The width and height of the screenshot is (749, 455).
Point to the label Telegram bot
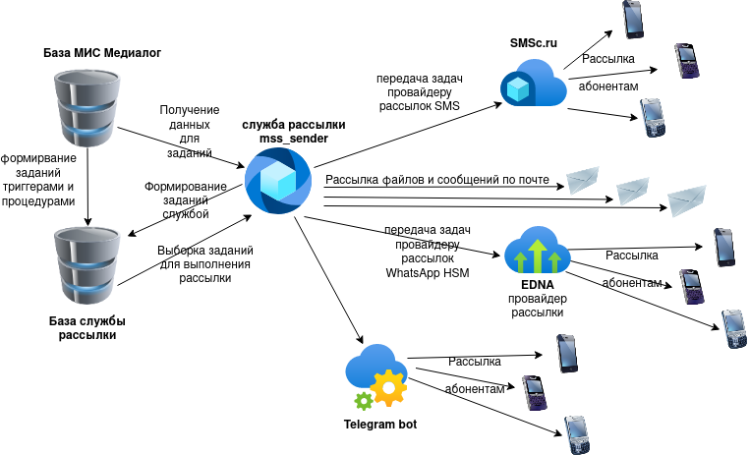point(380,426)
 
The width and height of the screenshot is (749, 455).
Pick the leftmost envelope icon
point(582,180)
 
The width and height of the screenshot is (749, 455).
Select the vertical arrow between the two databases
point(87,182)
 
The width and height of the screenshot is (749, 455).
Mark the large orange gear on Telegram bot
point(387,387)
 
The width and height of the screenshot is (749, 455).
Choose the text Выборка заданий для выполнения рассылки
point(203,263)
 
